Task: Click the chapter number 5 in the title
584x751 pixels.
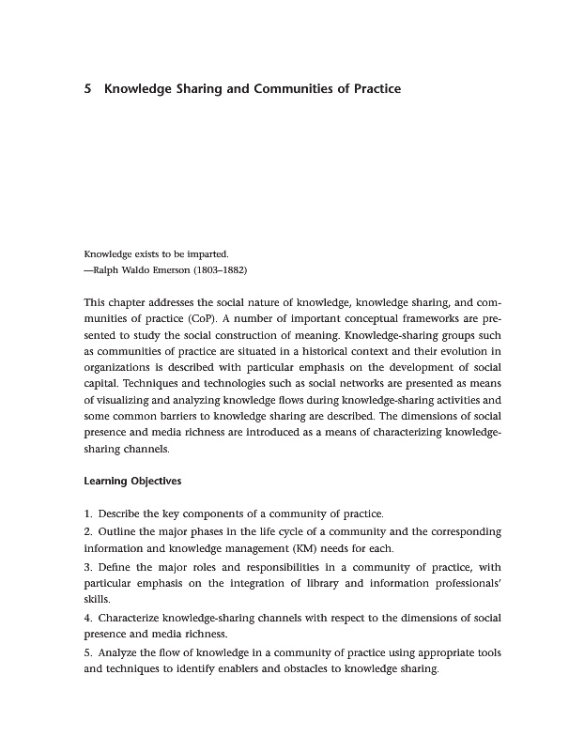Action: point(87,89)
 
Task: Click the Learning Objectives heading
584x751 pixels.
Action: point(132,482)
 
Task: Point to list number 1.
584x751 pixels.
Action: point(87,513)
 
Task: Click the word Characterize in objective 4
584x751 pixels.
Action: point(135,619)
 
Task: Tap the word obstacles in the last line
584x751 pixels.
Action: point(306,670)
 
